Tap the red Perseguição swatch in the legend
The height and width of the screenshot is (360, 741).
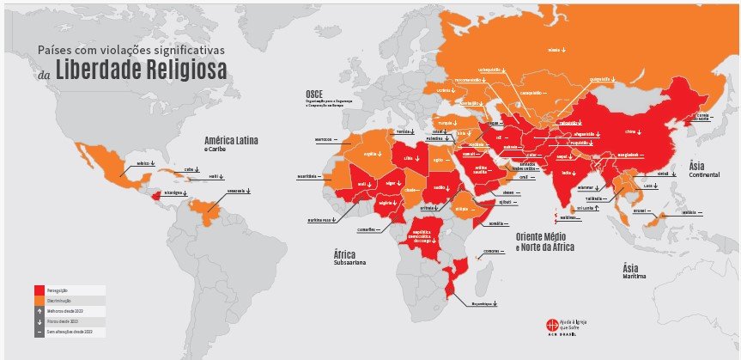point(39,290)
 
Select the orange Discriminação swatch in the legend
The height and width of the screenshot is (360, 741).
point(39,301)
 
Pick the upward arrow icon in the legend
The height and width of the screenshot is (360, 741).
point(39,311)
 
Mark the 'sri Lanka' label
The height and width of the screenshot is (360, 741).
point(586,207)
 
